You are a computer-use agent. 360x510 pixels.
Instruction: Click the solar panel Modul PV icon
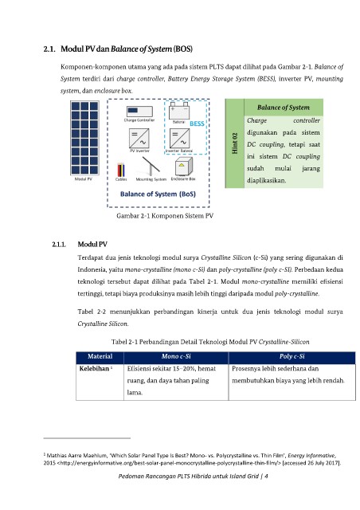pyautogui.click(x=85, y=138)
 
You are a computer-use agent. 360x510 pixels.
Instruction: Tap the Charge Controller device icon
pyautogui.click(x=139, y=112)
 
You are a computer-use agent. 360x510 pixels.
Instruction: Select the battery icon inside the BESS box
pyautogui.click(x=179, y=111)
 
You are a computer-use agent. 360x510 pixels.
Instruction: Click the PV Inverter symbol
pyautogui.click(x=139, y=138)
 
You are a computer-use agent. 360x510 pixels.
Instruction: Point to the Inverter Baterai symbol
pyautogui.click(x=179, y=138)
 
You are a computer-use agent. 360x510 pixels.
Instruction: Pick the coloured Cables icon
pyautogui.click(x=121, y=170)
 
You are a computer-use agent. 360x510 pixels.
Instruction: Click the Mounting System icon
pyautogui.click(x=151, y=167)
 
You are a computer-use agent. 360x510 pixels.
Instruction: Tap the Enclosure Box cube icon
pyautogui.click(x=183, y=167)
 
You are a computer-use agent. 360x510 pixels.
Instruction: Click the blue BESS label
pyautogui.click(x=197, y=124)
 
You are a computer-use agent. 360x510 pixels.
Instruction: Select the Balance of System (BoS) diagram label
pyautogui.click(x=158, y=194)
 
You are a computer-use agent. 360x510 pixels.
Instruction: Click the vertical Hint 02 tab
pyautogui.click(x=235, y=143)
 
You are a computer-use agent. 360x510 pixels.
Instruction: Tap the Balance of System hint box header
pyautogui.click(x=284, y=108)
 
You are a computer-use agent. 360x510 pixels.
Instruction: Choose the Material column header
pyautogui.click(x=100, y=356)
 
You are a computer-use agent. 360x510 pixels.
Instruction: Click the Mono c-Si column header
pyautogui.click(x=176, y=356)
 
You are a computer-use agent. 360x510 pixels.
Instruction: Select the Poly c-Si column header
pyautogui.click(x=292, y=356)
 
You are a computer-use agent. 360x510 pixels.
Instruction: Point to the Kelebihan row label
pyautogui.click(x=94, y=368)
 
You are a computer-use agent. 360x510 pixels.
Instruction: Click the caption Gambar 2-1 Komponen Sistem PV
pyautogui.click(x=165, y=216)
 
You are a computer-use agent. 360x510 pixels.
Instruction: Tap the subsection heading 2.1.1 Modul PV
pyautogui.click(x=80, y=245)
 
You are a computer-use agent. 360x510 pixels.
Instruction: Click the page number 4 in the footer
pyautogui.click(x=266, y=477)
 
